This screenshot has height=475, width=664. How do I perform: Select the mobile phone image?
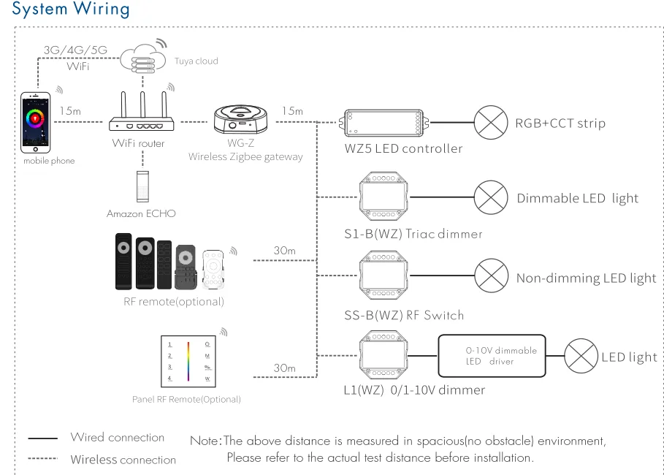click(x=37, y=122)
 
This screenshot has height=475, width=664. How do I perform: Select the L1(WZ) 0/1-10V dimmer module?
click(x=383, y=356)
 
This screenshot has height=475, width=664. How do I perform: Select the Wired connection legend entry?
click(x=117, y=438)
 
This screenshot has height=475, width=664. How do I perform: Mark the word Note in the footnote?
click(x=204, y=441)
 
